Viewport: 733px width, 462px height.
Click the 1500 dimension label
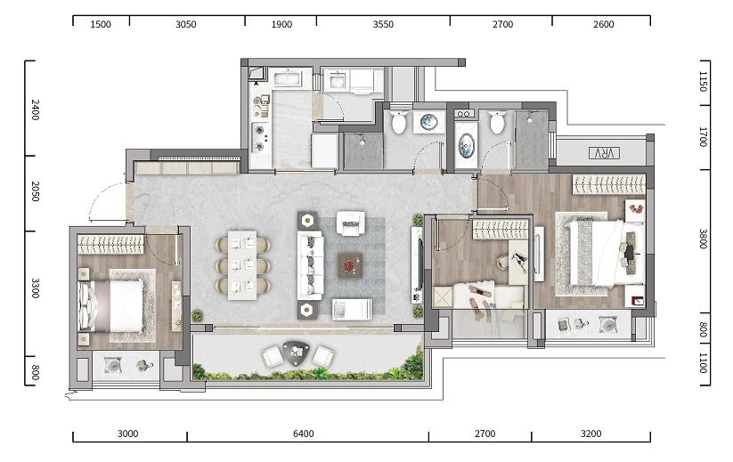[x=101, y=24]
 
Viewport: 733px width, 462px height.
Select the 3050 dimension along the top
[x=185, y=24]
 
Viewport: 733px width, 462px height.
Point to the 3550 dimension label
[x=383, y=24]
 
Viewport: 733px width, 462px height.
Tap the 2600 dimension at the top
[x=604, y=24]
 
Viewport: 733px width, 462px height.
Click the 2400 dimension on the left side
[x=35, y=109]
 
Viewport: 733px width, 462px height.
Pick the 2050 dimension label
[x=35, y=191]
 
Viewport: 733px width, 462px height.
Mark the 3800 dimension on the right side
[x=703, y=239]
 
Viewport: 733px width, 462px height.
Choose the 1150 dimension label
[x=703, y=81]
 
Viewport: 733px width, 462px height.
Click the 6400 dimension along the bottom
[x=304, y=434]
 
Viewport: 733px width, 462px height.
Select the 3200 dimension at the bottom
[x=590, y=434]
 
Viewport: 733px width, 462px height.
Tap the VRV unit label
[x=604, y=153]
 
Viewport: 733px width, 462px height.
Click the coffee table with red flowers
[x=351, y=265]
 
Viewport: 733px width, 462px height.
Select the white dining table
[x=242, y=264]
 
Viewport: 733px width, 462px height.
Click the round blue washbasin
[x=428, y=122]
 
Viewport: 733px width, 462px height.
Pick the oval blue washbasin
[x=467, y=145]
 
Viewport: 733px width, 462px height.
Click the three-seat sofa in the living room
[x=311, y=265]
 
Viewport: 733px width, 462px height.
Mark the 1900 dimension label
[x=281, y=24]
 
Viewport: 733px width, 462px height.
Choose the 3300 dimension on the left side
[x=35, y=288]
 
